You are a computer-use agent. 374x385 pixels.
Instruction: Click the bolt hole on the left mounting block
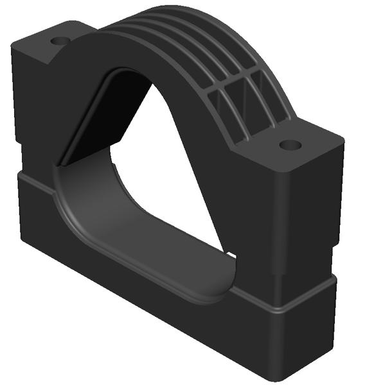point(60,41)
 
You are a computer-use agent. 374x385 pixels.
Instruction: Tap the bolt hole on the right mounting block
point(291,146)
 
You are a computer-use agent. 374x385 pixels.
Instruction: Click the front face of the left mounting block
point(39,109)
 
